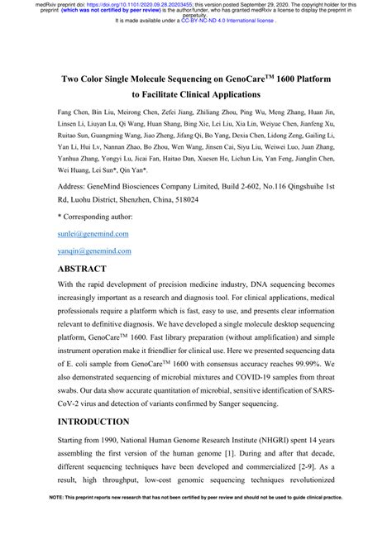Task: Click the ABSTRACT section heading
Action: coord(82,270)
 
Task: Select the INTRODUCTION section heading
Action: coord(98,420)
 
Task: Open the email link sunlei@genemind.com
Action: coord(93,234)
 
